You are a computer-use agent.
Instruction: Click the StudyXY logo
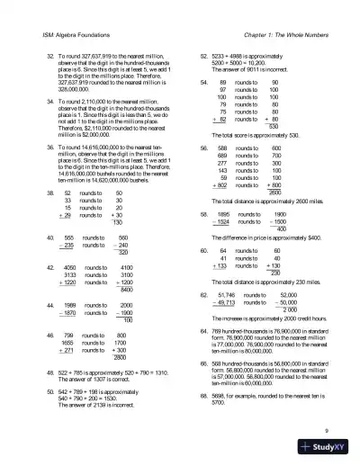pos(328,450)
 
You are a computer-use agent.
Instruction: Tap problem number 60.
pos(204,251)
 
